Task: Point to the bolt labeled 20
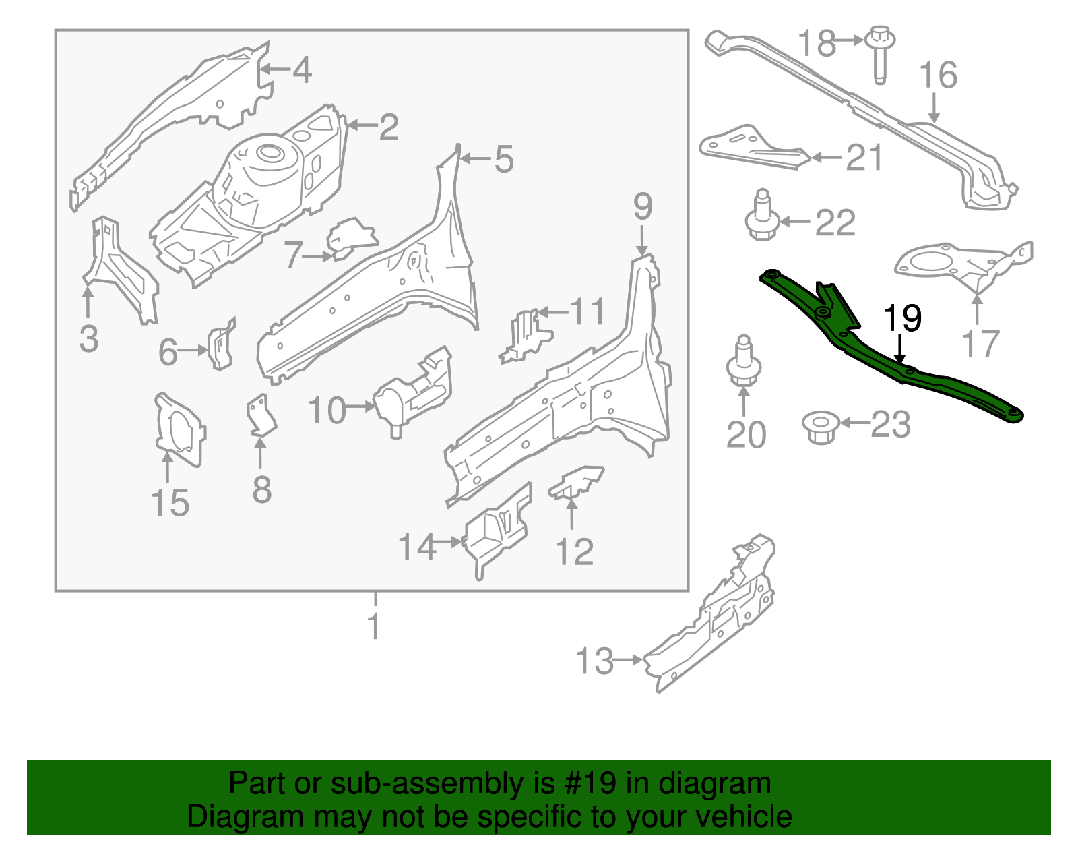744,364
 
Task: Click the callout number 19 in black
902,318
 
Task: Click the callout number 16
938,75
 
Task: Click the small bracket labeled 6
221,345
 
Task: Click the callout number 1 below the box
375,626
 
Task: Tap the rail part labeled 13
714,620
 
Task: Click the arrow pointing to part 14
447,541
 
